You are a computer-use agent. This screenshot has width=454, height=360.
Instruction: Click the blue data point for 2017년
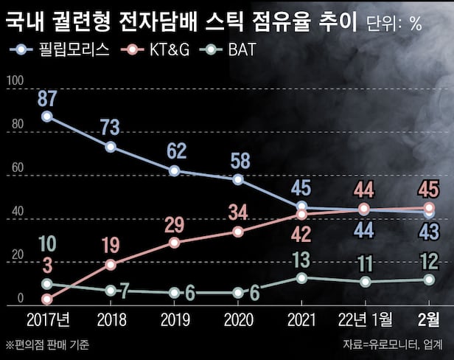click(47, 117)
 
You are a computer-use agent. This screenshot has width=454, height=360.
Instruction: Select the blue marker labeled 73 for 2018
click(111, 147)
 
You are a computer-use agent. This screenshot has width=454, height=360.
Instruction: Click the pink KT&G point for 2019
click(174, 243)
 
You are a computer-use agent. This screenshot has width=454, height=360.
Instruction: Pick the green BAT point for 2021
click(301, 277)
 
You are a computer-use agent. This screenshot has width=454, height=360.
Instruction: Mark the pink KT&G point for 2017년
click(47, 300)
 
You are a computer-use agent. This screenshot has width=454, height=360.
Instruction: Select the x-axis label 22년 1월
click(364, 322)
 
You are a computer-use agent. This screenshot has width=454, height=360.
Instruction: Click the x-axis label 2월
click(428, 322)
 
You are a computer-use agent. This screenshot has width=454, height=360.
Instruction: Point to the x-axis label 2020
click(237, 322)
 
